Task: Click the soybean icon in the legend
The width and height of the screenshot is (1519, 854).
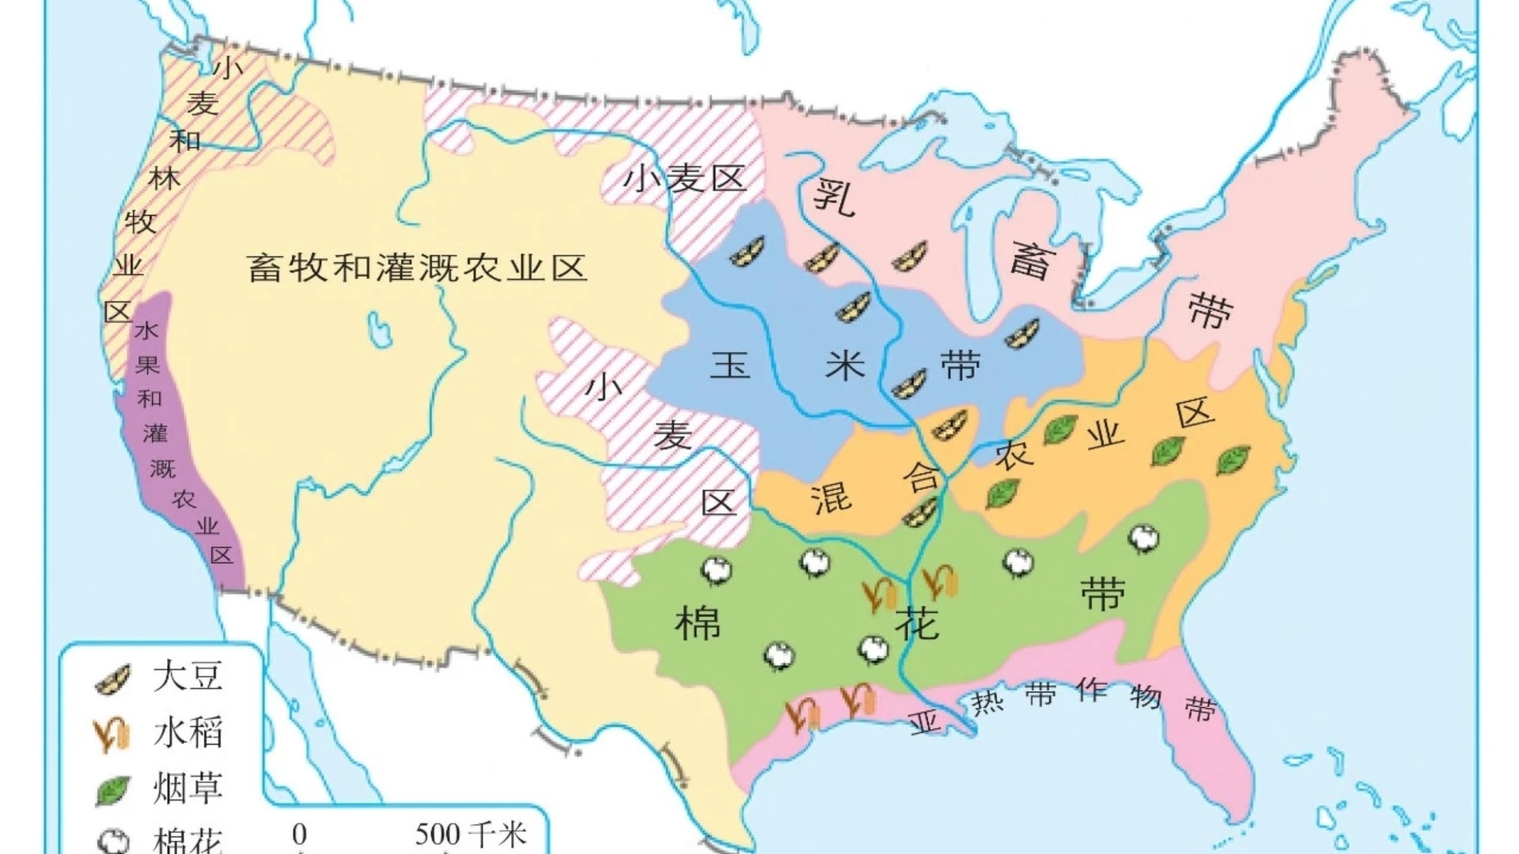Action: [112, 679]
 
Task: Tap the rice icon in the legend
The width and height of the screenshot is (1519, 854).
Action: [112, 735]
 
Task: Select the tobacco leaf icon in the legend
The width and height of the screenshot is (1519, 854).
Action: [113, 789]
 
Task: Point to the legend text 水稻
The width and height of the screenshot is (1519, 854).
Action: [188, 733]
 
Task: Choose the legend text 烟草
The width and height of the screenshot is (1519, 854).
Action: [188, 788]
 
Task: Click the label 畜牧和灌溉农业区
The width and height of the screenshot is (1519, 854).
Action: [417, 268]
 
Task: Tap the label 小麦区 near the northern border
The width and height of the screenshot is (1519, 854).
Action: [684, 178]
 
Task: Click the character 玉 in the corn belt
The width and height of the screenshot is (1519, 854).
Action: [729, 365]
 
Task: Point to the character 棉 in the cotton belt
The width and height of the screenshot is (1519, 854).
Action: [698, 623]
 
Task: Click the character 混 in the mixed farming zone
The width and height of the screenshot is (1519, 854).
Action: [831, 498]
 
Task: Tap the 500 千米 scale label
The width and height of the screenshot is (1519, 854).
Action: [471, 834]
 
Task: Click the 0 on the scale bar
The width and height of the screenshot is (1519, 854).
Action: [299, 834]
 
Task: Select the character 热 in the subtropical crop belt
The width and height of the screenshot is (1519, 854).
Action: [987, 701]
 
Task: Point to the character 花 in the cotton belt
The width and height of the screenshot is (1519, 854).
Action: [917, 623]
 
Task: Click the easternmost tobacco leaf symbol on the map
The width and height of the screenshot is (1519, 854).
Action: [1233, 459]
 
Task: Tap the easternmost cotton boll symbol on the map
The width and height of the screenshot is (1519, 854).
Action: [1143, 538]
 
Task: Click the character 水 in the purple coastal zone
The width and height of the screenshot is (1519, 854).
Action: [146, 330]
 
